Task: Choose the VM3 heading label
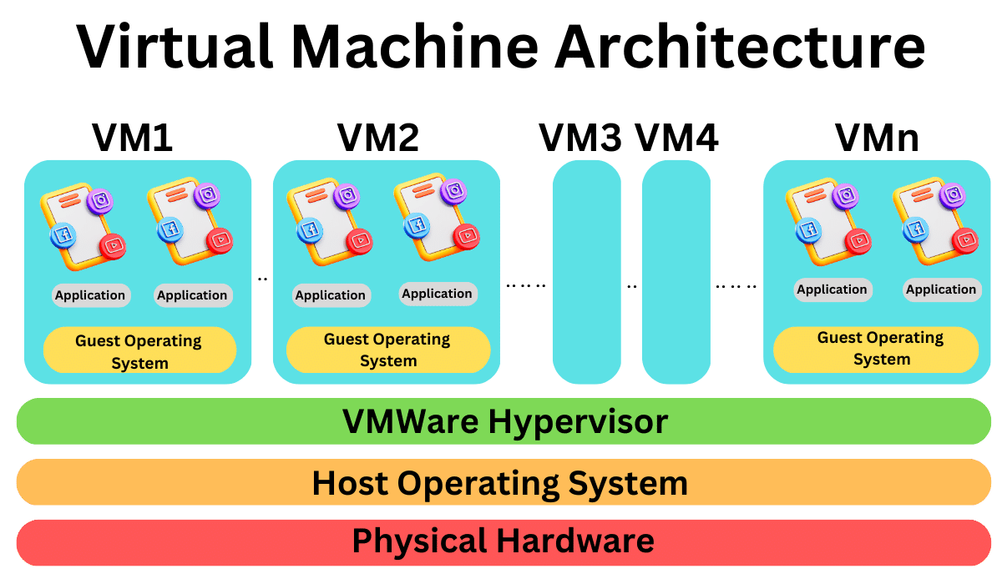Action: pos(580,138)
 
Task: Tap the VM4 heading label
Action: pos(676,138)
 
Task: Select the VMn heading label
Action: pos(877,138)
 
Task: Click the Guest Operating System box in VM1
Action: pos(139,351)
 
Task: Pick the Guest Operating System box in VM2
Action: pos(387,350)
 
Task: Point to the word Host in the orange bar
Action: pos(350,483)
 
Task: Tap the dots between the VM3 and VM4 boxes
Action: pos(631,286)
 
